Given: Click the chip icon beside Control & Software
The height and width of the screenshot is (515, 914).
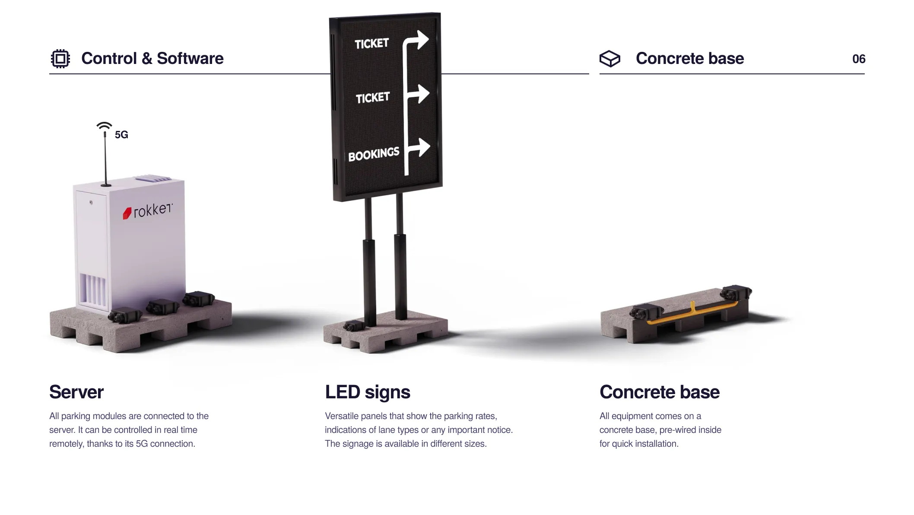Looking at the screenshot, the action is point(60,58).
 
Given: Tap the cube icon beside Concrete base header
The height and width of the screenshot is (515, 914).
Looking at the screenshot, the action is point(609,59).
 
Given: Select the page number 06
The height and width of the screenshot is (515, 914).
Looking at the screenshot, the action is point(859,59).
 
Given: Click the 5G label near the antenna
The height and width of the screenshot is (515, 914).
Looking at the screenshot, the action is point(121,135).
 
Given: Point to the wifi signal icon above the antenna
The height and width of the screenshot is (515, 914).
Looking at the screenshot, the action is point(104,126).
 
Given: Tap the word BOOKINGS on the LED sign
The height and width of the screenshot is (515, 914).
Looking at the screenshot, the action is point(374,154).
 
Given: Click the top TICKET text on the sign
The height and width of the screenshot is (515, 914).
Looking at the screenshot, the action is point(371,44).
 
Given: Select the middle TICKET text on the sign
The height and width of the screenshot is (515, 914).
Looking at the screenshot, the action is point(372,98).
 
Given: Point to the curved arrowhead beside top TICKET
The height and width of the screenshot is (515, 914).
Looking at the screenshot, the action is point(422,39).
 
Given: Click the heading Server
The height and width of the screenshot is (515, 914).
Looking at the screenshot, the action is point(76,392).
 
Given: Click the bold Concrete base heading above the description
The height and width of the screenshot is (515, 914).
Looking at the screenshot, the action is point(660,392).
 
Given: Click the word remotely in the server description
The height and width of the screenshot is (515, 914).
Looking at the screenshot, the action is point(66,444).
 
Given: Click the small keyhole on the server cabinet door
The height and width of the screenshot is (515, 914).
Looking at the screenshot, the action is point(91,202).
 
